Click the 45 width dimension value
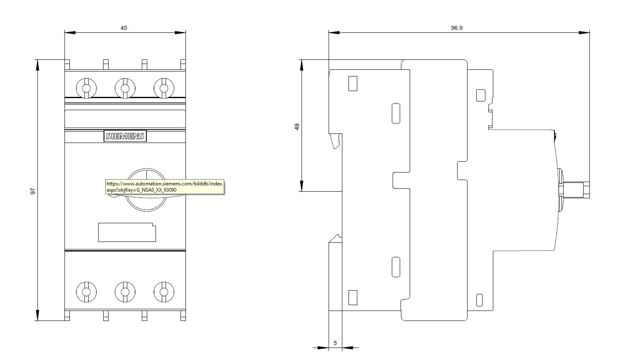pos(124,28)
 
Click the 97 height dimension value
pos(33,191)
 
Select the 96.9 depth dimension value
pos(457,28)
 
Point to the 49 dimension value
pos(297,127)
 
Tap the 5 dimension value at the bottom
pos(335,343)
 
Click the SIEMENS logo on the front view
pos(125,136)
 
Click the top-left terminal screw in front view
pos(86,89)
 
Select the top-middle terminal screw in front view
pos(125,89)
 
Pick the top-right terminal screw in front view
pos(164,89)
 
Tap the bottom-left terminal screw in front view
pos(86,292)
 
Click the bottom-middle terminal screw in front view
pos(125,292)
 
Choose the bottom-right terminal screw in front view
pos(164,292)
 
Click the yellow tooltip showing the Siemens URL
pos(165,187)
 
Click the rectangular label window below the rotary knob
pos(127,232)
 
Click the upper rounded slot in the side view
pos(396,113)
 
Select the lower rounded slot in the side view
pos(396,267)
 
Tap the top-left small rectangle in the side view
pos(353,84)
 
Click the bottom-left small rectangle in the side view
pos(353,298)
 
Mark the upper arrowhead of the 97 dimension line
pos(38,65)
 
